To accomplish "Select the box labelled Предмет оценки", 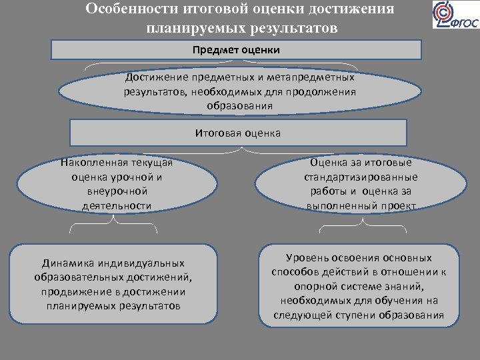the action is coord(236,50).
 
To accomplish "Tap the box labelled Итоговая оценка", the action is coord(238,133).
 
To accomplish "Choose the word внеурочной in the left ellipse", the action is coord(117,191).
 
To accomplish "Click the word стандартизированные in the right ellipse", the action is coord(361,177).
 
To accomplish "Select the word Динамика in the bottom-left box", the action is coord(65,263).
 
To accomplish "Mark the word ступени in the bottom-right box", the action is coord(357,315).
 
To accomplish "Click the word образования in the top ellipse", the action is coord(239,105).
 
